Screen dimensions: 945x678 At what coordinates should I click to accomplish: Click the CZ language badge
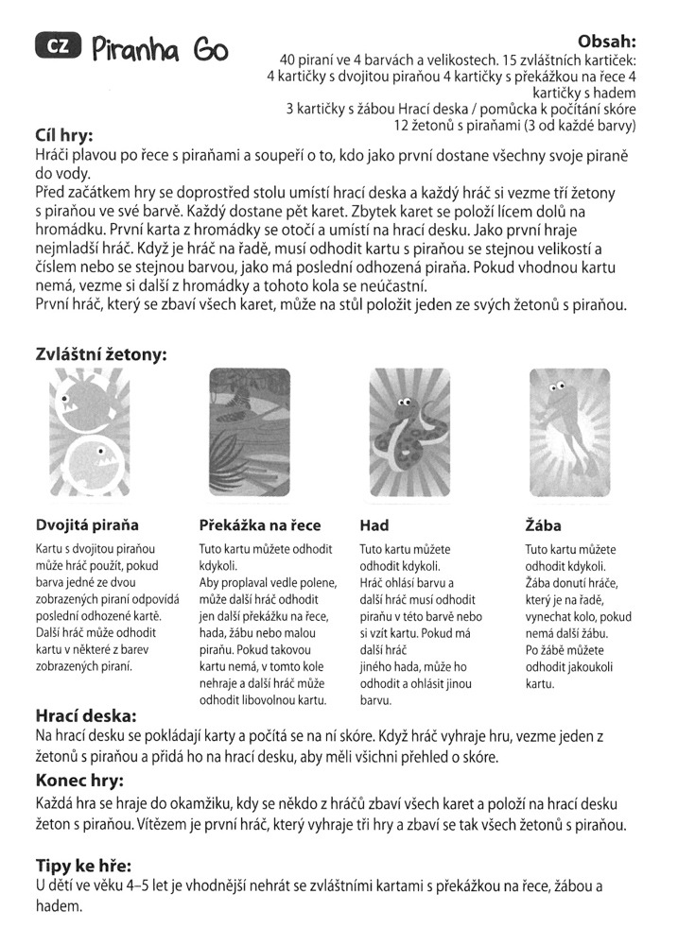[57, 46]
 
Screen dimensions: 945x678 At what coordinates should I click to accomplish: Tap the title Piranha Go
[160, 49]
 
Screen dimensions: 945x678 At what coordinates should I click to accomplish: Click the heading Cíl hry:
[69, 134]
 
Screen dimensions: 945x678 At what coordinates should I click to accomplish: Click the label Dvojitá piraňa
[87, 524]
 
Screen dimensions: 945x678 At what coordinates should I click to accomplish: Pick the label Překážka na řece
[260, 524]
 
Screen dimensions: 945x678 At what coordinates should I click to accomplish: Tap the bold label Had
[375, 524]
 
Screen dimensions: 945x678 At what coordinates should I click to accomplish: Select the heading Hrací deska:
[86, 715]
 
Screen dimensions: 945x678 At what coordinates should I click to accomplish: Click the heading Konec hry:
[81, 782]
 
